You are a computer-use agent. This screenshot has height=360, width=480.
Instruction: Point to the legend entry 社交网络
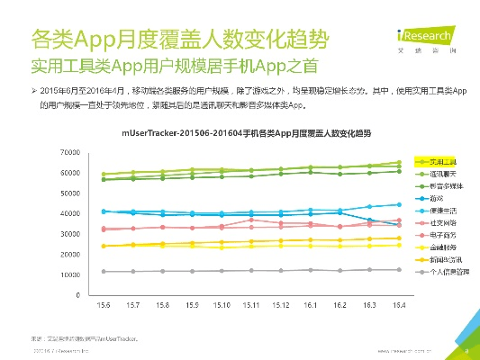[x=441, y=220]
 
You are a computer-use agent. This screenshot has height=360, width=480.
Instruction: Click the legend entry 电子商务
[x=441, y=233]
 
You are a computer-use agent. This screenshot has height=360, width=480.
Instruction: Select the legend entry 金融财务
[x=441, y=245]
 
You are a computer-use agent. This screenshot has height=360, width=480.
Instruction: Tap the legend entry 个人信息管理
[x=447, y=270]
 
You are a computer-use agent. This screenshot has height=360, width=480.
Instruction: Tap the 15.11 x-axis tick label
[x=250, y=305]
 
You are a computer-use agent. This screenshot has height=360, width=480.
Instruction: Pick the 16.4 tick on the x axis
[x=398, y=305]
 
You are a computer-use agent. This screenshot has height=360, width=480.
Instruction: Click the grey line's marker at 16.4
[x=398, y=270]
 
